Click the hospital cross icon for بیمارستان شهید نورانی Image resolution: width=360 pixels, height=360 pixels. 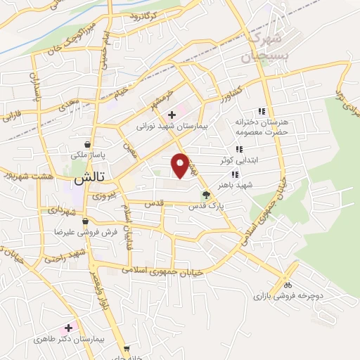[172, 115]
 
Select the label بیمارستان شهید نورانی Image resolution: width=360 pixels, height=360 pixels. [172, 128]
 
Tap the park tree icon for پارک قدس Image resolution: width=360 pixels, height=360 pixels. [205, 195]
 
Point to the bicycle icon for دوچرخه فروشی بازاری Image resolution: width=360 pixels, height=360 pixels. [287, 285]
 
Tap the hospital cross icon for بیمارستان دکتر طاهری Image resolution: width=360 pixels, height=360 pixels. [69, 327]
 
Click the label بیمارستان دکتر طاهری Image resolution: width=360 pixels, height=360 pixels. [69, 339]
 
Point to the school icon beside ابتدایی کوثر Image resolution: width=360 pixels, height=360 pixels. [239, 149]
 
